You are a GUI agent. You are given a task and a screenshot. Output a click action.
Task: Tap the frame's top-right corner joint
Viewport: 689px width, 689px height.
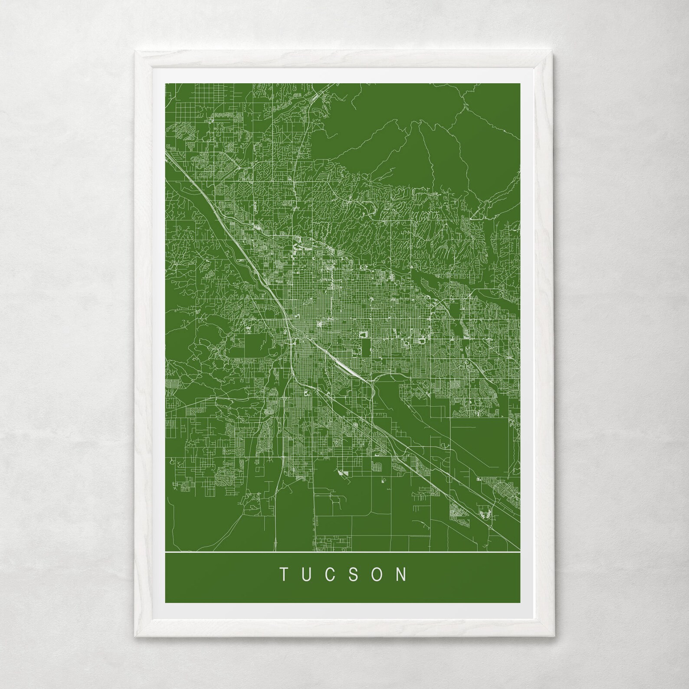pos(554,52)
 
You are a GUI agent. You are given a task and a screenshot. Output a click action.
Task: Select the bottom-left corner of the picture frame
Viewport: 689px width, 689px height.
pos(135,636)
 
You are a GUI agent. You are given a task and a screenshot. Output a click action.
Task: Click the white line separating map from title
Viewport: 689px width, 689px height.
pos(343,551)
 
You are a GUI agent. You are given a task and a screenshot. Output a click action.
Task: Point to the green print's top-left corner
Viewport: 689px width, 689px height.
pos(166,83)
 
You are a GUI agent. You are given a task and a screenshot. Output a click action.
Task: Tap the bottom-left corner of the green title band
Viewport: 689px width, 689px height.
pos(166,602)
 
